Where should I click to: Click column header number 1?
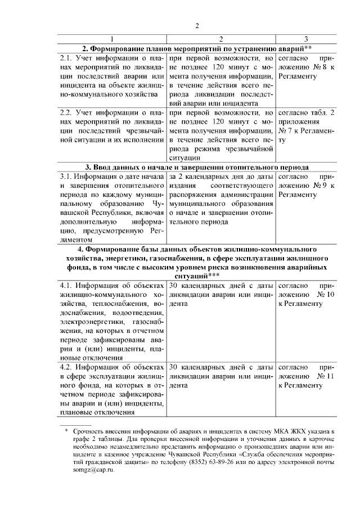click(x=112, y=38)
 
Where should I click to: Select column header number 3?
click(x=305, y=38)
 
